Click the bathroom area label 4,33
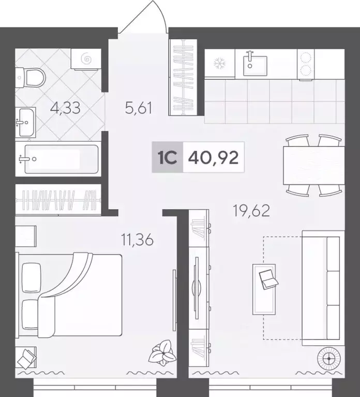point(66,109)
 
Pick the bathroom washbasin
point(25,122)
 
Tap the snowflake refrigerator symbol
point(219,63)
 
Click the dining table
point(312,165)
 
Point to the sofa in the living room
point(322,289)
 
